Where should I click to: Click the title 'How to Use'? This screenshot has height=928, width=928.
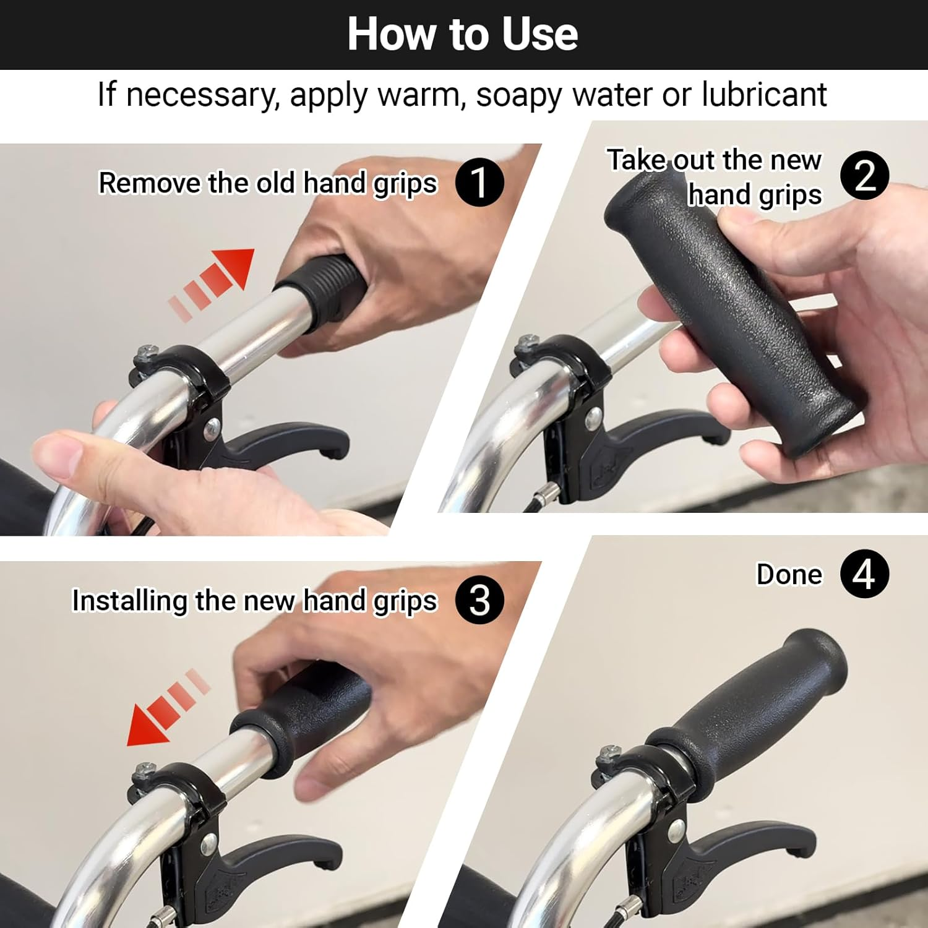[x=463, y=34]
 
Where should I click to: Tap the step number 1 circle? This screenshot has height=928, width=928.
[x=479, y=182]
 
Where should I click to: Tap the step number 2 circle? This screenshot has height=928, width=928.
[x=864, y=176]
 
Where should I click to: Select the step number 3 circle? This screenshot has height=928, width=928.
[x=479, y=600]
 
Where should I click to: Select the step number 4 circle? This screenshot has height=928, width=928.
[x=864, y=574]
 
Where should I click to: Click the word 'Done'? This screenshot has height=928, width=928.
[x=789, y=575]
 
